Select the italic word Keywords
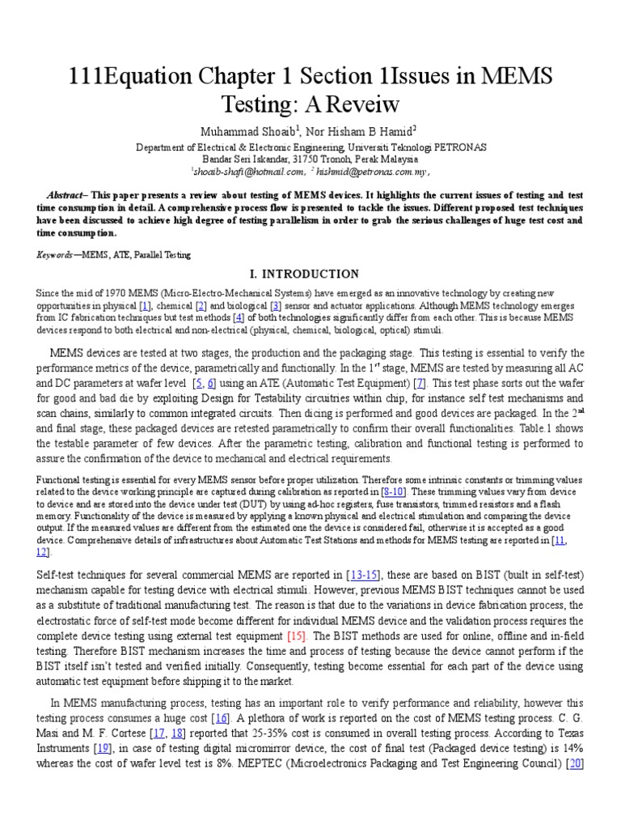coord(53,255)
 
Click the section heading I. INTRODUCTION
coord(310,274)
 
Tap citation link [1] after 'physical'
coord(146,305)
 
